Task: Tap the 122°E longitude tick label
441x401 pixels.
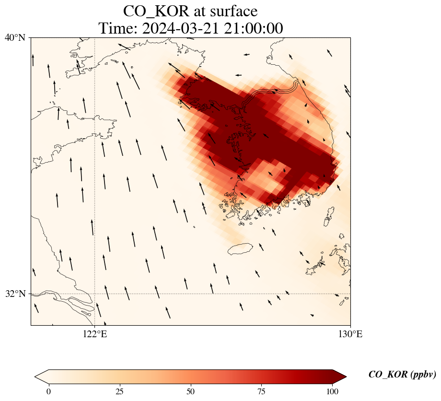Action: pos(95,334)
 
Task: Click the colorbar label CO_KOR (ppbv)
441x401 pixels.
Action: pos(402,375)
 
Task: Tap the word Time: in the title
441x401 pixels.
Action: pos(118,28)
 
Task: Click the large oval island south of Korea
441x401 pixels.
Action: pos(240,249)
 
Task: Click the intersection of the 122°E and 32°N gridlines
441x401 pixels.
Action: pos(95,294)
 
